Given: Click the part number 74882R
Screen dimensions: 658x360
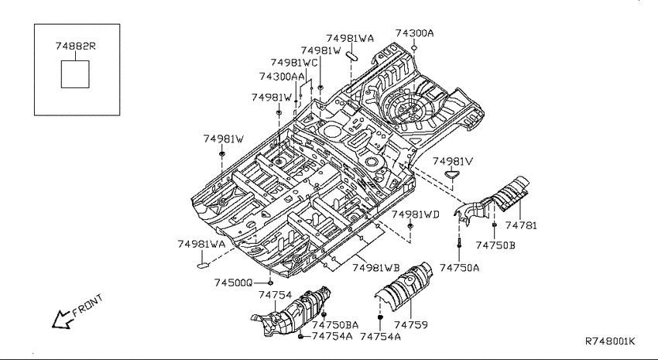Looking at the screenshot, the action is pyautogui.click(x=76, y=46).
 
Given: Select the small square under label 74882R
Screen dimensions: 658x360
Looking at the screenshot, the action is pyautogui.click(x=75, y=74).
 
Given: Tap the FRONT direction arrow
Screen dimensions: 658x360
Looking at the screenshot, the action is pyautogui.click(x=62, y=319).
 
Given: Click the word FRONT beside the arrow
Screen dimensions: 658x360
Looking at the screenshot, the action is pyautogui.click(x=87, y=305).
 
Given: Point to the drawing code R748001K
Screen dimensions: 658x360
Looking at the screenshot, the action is pyautogui.click(x=610, y=341).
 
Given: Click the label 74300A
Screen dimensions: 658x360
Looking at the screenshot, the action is pyautogui.click(x=414, y=33).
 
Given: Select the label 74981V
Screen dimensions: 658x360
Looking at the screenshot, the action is pyautogui.click(x=453, y=162).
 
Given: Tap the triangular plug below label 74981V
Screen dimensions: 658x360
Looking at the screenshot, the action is pyautogui.click(x=452, y=174).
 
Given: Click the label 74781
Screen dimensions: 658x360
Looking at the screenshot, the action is pyautogui.click(x=521, y=226).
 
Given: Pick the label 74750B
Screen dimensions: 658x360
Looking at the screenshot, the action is pyautogui.click(x=495, y=245).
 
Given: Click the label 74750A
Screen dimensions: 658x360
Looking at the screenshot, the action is pyautogui.click(x=460, y=267).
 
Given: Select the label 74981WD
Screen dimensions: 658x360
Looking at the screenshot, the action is pyautogui.click(x=416, y=214).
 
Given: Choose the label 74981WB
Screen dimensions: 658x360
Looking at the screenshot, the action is pyautogui.click(x=375, y=268).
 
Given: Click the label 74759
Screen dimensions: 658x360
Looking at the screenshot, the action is pyautogui.click(x=411, y=324).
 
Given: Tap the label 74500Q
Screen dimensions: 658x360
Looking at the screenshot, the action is pyautogui.click(x=233, y=283).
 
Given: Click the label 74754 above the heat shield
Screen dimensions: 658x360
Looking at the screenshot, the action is pyautogui.click(x=276, y=295).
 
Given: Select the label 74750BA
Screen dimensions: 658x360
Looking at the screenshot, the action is pyautogui.click(x=335, y=324).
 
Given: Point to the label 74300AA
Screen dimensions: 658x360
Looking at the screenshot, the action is pyautogui.click(x=282, y=77).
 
